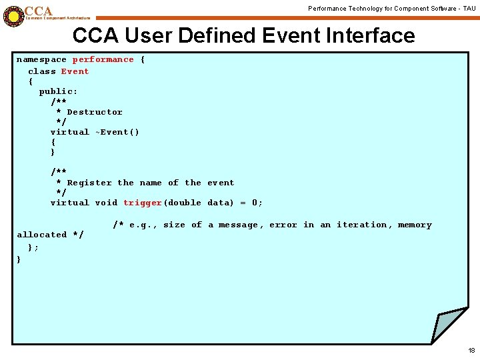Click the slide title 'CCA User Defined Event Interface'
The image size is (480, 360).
243,35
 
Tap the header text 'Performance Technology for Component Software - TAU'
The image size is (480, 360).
391,8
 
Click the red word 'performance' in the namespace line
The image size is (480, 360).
103,60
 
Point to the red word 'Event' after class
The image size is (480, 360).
75,71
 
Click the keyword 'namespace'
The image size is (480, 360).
41,60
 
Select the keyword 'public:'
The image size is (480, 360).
58,91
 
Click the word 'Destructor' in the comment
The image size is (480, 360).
95,112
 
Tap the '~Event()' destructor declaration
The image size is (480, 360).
117,132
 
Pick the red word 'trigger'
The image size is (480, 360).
142,203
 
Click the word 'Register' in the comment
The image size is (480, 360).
89,183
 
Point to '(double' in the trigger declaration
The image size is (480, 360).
182,203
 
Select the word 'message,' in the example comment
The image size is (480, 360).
241,225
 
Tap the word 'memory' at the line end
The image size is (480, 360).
415,225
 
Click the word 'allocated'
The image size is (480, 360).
41,235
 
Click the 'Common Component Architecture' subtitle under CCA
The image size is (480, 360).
57,18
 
